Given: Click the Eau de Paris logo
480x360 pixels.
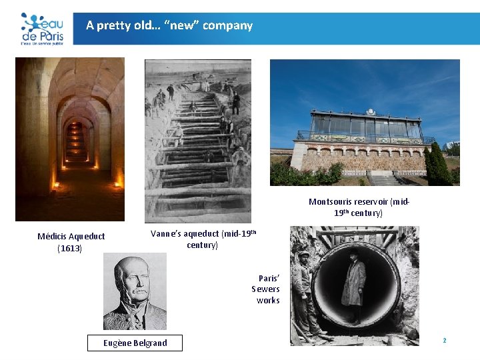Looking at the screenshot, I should [x=41, y=28].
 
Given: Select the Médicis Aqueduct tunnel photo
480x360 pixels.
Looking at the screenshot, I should [x=69, y=139].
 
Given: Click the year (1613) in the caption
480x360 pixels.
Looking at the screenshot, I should [x=70, y=249].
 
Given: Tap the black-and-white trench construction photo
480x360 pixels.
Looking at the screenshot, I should [x=197, y=141].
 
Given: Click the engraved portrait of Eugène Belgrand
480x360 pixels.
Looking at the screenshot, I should [x=135, y=292].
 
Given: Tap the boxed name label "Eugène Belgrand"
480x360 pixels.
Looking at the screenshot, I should [x=135, y=343].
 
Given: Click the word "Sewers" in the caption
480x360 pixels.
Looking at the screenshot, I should [x=265, y=289].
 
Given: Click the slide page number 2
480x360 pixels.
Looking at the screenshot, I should [x=444, y=341].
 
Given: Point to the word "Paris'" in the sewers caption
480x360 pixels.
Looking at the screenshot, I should [x=269, y=278].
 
